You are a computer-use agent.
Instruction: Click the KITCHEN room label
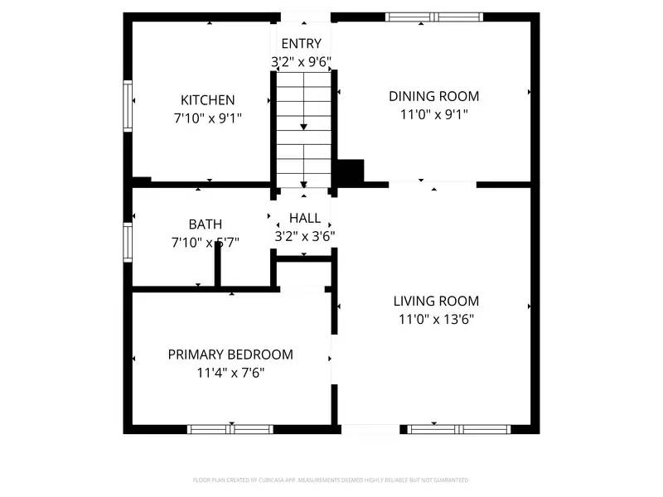click(x=208, y=100)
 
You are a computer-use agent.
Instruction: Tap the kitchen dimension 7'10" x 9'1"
click(x=207, y=118)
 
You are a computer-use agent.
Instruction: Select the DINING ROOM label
click(x=433, y=96)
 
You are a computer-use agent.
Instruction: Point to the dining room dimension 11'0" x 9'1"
click(x=433, y=114)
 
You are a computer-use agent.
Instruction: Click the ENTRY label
click(x=301, y=44)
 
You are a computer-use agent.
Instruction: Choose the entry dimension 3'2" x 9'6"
click(x=302, y=61)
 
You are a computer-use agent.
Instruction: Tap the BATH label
click(x=205, y=224)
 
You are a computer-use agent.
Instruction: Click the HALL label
click(x=304, y=219)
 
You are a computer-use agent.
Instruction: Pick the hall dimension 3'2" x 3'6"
click(x=304, y=236)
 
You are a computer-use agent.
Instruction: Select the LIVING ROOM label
click(x=436, y=302)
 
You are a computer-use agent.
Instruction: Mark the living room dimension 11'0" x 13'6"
click(x=436, y=320)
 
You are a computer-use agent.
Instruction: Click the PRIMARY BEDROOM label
click(x=230, y=355)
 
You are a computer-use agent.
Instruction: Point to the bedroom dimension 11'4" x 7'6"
click(x=230, y=373)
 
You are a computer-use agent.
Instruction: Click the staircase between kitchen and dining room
click(x=303, y=128)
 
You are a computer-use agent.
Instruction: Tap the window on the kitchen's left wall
click(x=128, y=105)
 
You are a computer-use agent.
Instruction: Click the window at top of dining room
click(x=434, y=17)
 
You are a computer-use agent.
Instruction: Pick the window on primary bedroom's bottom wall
click(x=230, y=429)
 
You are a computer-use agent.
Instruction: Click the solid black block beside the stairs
click(x=351, y=172)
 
